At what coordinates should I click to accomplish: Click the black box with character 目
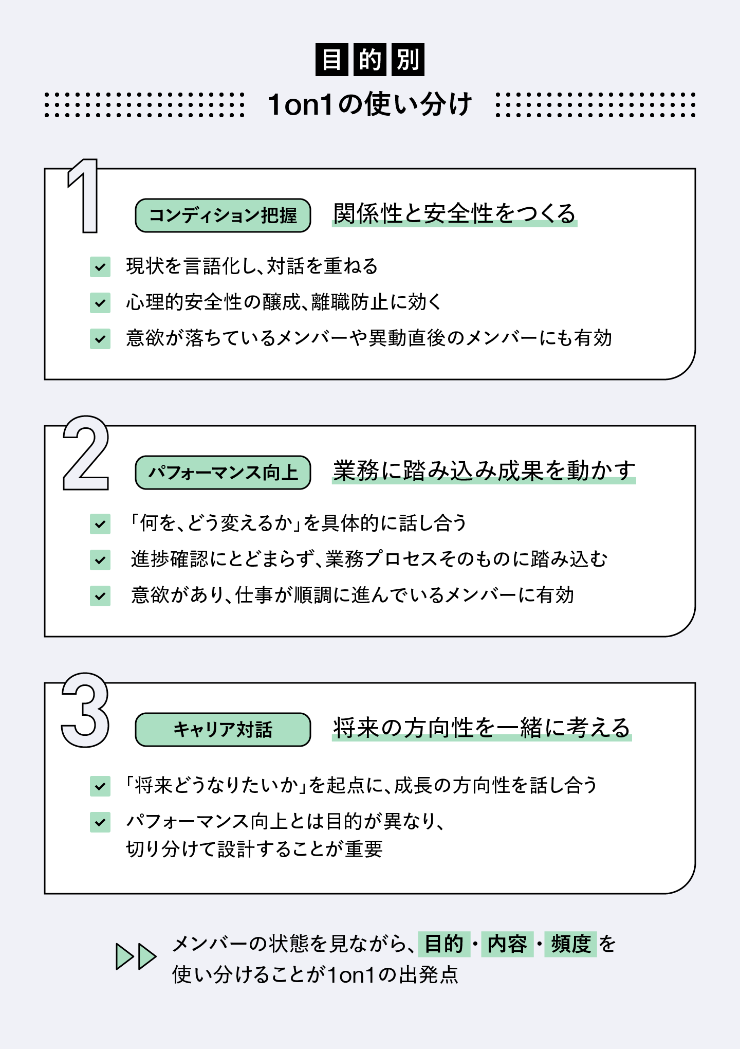(x=332, y=60)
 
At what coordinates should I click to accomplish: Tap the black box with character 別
(x=408, y=60)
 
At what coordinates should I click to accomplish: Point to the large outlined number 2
(x=86, y=454)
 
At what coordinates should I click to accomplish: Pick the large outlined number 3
(x=86, y=710)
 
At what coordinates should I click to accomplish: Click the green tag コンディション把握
(x=223, y=215)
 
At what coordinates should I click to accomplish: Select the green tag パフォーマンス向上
(x=223, y=473)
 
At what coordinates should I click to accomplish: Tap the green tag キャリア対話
(x=223, y=730)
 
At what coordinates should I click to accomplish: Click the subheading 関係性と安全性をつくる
(x=454, y=214)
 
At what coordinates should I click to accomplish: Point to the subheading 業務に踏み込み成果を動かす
(x=484, y=471)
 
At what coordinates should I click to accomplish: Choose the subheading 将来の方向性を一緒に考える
(x=482, y=728)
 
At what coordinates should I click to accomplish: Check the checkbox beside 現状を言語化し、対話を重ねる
(x=100, y=267)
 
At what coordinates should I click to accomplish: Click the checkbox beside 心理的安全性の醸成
(x=100, y=303)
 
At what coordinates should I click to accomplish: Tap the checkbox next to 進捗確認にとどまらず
(x=100, y=560)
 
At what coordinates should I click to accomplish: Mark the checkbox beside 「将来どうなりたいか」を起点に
(x=100, y=786)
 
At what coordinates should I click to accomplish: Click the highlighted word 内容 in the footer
(x=507, y=944)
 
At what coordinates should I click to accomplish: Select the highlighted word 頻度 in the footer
(x=570, y=944)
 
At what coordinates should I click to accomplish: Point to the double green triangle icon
(x=136, y=957)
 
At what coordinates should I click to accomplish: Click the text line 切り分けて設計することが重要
(x=254, y=849)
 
